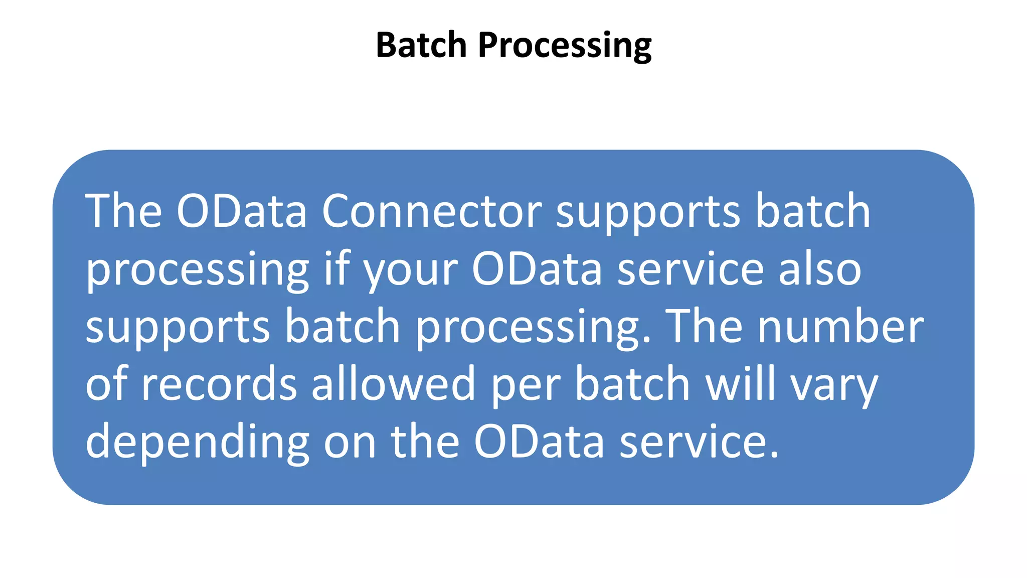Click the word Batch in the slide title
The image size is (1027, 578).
(x=421, y=45)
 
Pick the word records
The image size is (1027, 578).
(x=219, y=385)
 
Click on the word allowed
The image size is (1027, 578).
(x=393, y=385)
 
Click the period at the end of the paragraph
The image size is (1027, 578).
(x=774, y=456)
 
